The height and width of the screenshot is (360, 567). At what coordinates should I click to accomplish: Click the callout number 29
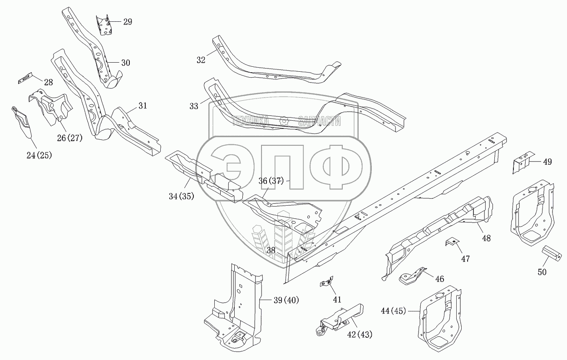128,22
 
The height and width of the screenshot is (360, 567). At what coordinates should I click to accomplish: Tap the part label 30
126,63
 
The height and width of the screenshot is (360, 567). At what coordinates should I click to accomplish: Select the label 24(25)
39,155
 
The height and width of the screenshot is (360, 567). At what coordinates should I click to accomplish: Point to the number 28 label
48,82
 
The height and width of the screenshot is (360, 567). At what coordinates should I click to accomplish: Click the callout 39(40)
286,300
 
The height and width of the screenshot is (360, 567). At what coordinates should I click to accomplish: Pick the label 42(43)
360,335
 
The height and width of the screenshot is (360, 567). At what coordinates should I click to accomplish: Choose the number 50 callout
542,272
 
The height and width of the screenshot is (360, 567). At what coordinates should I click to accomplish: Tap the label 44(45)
393,311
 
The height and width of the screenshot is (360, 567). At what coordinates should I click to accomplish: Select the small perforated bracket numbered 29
104,25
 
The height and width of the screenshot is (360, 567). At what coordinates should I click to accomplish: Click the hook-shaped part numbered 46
413,277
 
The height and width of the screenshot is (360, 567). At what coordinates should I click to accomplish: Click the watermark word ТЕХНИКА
251,121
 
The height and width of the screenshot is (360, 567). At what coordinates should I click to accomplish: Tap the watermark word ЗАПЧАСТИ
320,121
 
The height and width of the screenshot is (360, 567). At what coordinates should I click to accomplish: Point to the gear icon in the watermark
284,121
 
